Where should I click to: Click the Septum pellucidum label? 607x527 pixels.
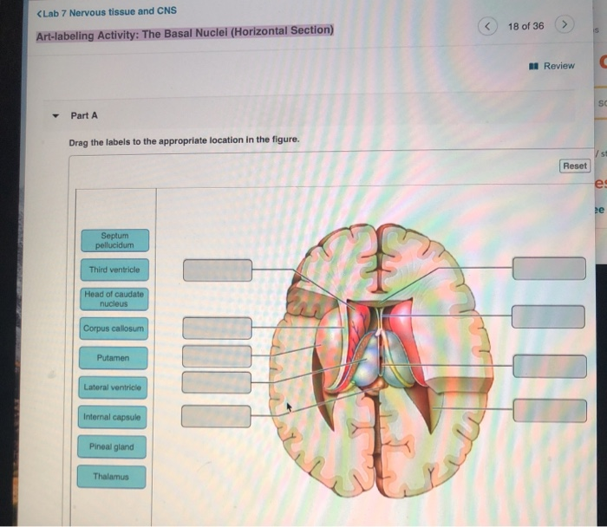click(x=114, y=239)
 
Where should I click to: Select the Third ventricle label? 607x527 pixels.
click(x=114, y=270)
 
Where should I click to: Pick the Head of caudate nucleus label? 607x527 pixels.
click(x=114, y=299)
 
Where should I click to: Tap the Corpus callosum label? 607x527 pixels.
click(x=114, y=329)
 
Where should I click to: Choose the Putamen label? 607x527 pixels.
click(x=114, y=357)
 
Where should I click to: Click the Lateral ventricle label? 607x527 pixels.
click(x=114, y=387)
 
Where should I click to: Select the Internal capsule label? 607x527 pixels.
click(x=114, y=417)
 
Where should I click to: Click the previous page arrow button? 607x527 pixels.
click(x=488, y=26)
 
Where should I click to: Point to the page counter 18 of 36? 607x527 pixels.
click(x=526, y=26)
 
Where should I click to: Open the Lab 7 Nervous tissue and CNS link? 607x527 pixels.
click(x=108, y=11)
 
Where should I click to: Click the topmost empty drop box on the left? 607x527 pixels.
click(x=217, y=270)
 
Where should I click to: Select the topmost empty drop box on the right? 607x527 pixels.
click(x=548, y=269)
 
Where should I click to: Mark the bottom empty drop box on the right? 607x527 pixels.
click(x=548, y=410)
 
